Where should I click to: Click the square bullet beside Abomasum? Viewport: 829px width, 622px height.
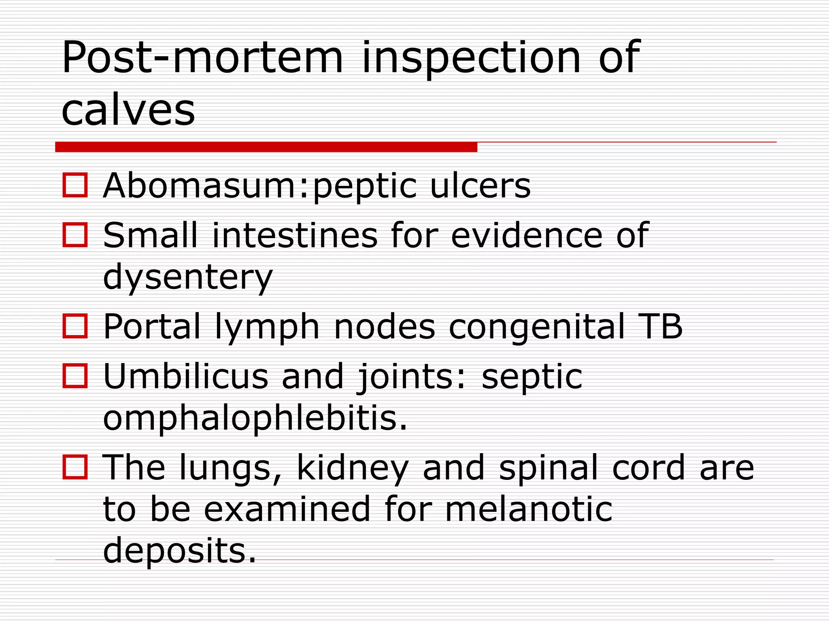tap(75, 185)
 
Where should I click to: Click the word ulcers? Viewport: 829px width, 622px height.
tap(480, 186)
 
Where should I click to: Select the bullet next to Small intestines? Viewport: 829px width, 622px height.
tap(75, 235)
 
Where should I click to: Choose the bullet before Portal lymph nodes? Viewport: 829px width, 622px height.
tap(75, 326)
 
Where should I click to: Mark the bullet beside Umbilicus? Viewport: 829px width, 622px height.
tap(75, 376)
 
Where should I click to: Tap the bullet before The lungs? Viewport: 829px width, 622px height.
tap(75, 467)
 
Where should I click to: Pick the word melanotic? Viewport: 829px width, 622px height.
tap(529, 509)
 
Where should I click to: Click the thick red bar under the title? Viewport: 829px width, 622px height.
tap(266, 147)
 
